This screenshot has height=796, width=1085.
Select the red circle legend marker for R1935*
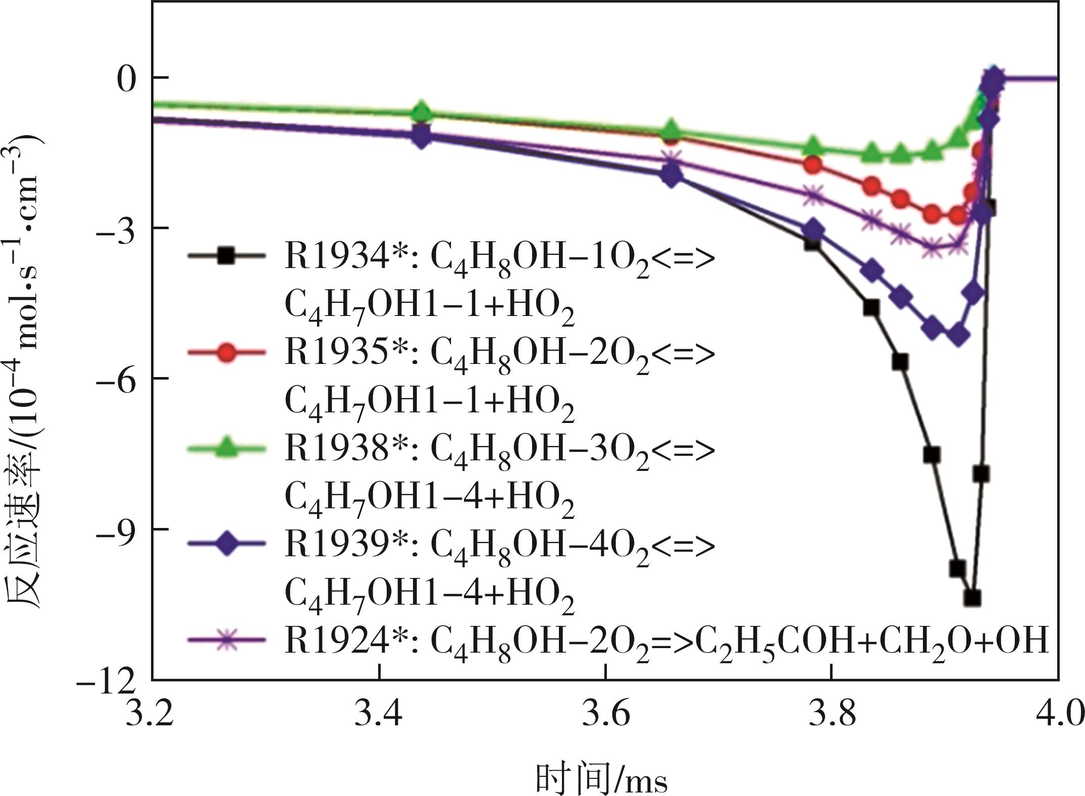click(227, 352)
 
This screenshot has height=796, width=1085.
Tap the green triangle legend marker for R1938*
click(227, 447)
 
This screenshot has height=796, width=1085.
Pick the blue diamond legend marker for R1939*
click(227, 543)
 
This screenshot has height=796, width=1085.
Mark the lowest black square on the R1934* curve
click(972, 599)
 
